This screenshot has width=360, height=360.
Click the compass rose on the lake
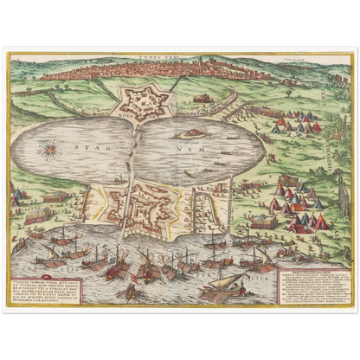point(49,148)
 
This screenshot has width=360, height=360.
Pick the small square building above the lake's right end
point(202,99)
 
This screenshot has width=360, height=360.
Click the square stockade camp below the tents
point(265,222)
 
